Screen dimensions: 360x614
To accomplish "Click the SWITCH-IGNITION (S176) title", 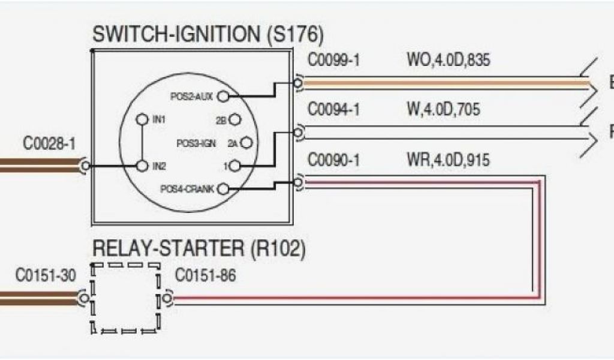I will [x=207, y=34].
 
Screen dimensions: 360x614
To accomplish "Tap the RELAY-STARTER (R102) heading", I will [x=198, y=248].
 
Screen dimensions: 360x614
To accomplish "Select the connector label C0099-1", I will [x=334, y=61].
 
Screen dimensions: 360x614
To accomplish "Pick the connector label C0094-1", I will [x=334, y=110].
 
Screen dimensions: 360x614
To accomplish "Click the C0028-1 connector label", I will [x=50, y=145].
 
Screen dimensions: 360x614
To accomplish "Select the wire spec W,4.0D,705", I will [x=444, y=110].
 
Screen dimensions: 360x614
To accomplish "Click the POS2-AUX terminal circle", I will [x=223, y=95].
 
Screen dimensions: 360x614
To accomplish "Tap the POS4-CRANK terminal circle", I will [x=223, y=190].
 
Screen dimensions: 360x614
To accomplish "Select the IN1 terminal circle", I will [x=142, y=119].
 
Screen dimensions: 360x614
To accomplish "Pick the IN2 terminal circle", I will [x=142, y=165].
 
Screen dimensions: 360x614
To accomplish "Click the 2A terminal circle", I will [x=246, y=143].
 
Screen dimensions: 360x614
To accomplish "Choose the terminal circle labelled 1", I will [x=235, y=166].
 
